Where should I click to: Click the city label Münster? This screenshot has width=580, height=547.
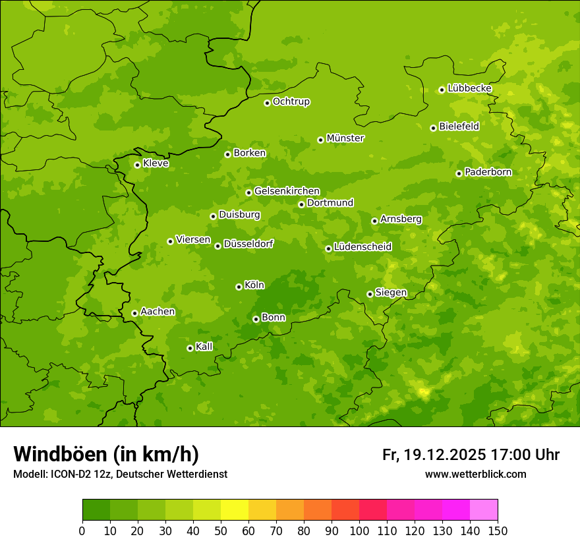click(x=345, y=138)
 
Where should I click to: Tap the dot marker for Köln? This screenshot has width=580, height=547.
click(x=239, y=287)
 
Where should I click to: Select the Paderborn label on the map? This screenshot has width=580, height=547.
click(x=488, y=172)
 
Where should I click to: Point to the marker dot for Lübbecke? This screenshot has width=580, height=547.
click(x=442, y=90)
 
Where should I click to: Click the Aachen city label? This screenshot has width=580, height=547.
click(x=158, y=312)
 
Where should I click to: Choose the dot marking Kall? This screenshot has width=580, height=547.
click(x=190, y=348)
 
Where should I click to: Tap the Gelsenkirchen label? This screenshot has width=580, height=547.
click(x=287, y=191)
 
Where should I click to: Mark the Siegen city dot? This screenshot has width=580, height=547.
click(x=370, y=294)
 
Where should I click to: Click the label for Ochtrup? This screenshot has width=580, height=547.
click(x=291, y=101)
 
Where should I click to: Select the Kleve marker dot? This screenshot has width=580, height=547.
click(x=137, y=165)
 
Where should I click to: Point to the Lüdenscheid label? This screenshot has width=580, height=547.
click(x=362, y=247)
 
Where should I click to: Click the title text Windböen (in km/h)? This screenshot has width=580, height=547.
click(x=106, y=454)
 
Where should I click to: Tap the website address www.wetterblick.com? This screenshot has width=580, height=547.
click(x=476, y=474)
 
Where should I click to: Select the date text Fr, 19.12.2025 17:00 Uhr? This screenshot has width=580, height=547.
click(x=471, y=455)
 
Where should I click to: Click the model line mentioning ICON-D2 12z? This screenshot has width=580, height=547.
click(x=120, y=474)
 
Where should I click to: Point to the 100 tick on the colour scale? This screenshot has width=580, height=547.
click(x=359, y=531)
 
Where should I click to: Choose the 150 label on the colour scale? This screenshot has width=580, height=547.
click(x=498, y=531)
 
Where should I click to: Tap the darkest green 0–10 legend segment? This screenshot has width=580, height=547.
click(x=96, y=510)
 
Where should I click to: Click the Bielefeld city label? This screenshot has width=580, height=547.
click(x=459, y=126)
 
